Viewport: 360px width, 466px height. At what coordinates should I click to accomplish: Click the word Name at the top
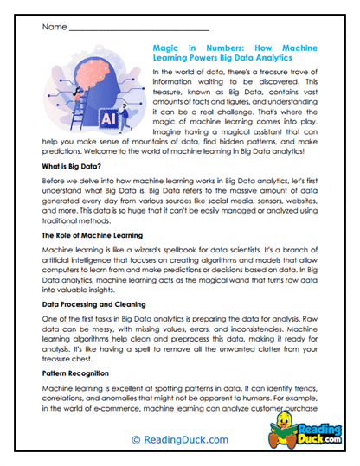[x=53, y=27]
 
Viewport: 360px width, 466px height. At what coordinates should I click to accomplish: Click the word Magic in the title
[x=168, y=50]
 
